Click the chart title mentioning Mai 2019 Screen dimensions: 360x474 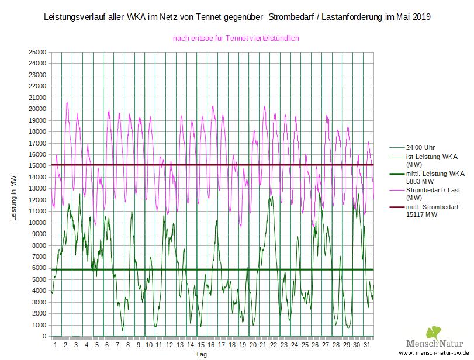[237, 18]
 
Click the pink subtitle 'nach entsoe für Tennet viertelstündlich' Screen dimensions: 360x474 [236, 39]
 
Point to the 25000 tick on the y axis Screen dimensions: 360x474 [37, 53]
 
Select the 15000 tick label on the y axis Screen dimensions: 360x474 [37, 166]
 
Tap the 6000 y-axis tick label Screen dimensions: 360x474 [39, 268]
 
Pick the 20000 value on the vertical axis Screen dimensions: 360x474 [37, 109]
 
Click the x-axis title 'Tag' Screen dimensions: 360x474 [201, 354]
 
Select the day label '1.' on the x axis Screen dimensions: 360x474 [57, 345]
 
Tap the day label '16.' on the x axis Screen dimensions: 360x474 [212, 345]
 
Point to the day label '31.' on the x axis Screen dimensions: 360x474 [368, 345]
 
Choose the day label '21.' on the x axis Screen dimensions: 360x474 [264, 345]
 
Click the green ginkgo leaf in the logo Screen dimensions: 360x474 [433, 333]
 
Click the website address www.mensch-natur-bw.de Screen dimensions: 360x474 [434, 354]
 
